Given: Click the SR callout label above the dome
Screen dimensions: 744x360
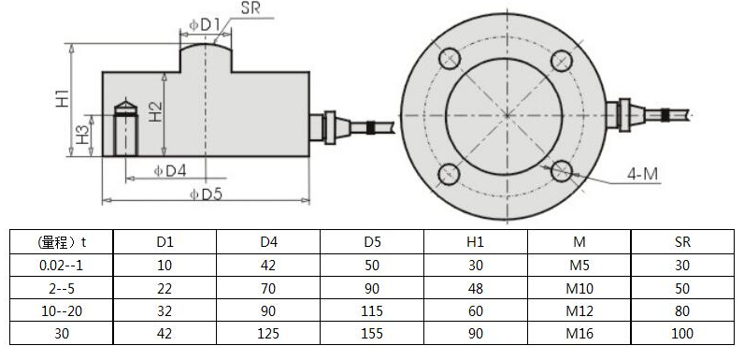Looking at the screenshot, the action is tap(251, 8).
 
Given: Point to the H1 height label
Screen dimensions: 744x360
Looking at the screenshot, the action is tap(63, 98).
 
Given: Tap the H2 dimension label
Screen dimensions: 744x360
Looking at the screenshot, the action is tap(155, 112).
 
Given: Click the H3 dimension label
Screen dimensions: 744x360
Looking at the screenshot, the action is tap(82, 136).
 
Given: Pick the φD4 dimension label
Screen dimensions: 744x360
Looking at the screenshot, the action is tap(170, 170).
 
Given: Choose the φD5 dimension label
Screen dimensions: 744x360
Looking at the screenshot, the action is tap(206, 194).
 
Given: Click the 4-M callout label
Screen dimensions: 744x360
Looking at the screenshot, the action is tap(642, 175).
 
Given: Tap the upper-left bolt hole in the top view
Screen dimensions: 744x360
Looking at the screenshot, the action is tap(450, 59).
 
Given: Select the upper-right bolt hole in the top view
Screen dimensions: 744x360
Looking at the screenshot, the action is tap(562, 60).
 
